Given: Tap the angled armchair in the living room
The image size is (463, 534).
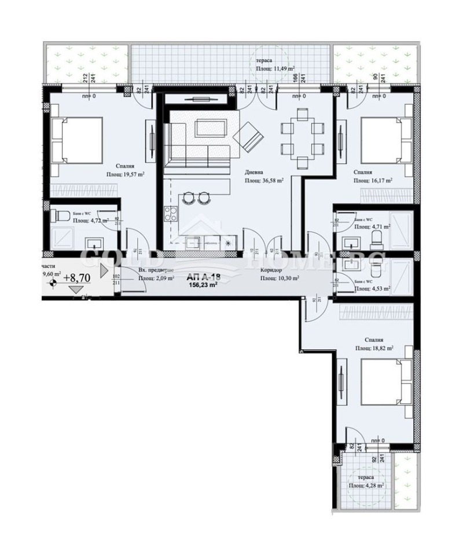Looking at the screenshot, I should (x=247, y=138).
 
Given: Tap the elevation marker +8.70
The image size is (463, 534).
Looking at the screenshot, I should (x=76, y=277).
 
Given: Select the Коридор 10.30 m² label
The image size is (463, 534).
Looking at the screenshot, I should (x=279, y=274).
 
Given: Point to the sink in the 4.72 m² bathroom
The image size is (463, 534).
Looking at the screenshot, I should (x=93, y=243).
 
